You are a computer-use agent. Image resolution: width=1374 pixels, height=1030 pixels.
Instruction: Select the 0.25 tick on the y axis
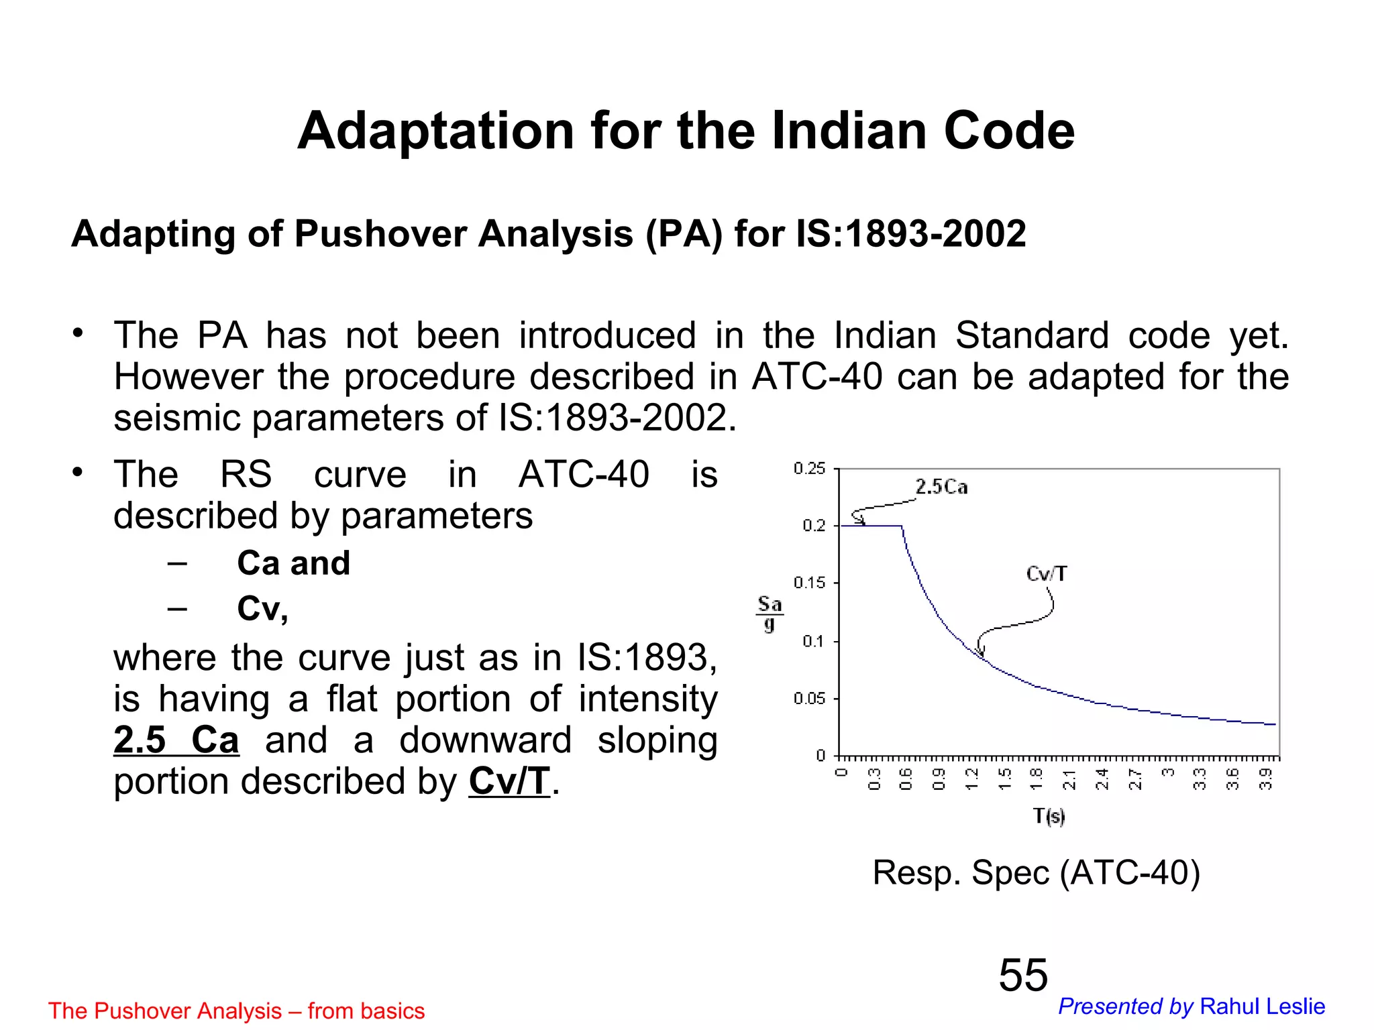pyautogui.click(x=809, y=469)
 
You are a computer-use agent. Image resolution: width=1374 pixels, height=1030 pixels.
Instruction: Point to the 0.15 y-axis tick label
pyautogui.click(x=809, y=583)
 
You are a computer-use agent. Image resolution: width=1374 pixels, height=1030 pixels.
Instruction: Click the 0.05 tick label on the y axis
pyautogui.click(x=809, y=699)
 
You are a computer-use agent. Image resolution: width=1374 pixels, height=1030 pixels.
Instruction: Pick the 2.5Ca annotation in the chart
pyautogui.click(x=941, y=487)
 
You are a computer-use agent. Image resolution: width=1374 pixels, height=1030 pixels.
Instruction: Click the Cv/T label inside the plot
pyautogui.click(x=1046, y=574)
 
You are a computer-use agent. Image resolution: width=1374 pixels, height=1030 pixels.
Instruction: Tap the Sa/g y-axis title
pyautogui.click(x=770, y=613)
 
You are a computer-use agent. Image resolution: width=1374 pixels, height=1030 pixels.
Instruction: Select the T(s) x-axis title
pyautogui.click(x=1049, y=816)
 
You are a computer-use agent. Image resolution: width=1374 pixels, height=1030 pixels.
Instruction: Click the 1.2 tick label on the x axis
pyautogui.click(x=971, y=779)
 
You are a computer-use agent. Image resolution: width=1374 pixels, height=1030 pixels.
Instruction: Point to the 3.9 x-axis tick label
pyautogui.click(x=1265, y=779)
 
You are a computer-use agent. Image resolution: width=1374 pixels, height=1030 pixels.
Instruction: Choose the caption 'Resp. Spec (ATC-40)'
pyautogui.click(x=1036, y=872)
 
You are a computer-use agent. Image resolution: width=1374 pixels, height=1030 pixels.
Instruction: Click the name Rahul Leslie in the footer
pyautogui.click(x=1262, y=1007)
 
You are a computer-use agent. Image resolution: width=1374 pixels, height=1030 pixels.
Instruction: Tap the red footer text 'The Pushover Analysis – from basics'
pyautogui.click(x=236, y=1011)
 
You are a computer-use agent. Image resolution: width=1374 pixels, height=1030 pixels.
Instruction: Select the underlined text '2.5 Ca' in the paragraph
pyautogui.click(x=176, y=740)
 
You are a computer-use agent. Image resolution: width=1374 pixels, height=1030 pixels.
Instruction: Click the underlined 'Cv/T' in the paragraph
pyautogui.click(x=509, y=781)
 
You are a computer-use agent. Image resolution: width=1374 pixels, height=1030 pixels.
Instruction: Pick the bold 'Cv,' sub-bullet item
pyautogui.click(x=262, y=609)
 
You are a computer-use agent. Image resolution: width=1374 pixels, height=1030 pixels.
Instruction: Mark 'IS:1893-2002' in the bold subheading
pyautogui.click(x=910, y=234)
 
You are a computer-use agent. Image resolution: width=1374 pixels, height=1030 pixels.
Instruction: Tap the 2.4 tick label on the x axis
pyautogui.click(x=1102, y=779)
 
